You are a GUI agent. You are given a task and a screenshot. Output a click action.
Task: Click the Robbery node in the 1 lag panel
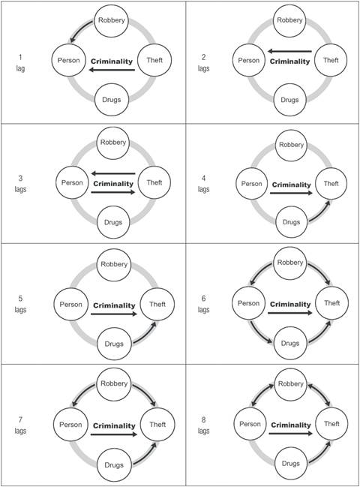(112, 20)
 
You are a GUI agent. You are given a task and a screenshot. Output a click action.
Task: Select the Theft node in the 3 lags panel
(154, 182)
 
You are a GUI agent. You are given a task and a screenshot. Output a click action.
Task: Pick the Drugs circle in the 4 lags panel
(292, 220)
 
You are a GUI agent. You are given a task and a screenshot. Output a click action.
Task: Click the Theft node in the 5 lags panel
(157, 304)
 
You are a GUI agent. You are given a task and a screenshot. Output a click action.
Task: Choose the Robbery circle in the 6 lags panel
(292, 263)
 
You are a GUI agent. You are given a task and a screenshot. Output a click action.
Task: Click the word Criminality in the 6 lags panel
(291, 305)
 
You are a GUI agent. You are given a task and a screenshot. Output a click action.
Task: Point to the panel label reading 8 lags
(204, 426)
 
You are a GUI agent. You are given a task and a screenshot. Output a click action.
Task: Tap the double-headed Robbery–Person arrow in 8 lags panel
(259, 396)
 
